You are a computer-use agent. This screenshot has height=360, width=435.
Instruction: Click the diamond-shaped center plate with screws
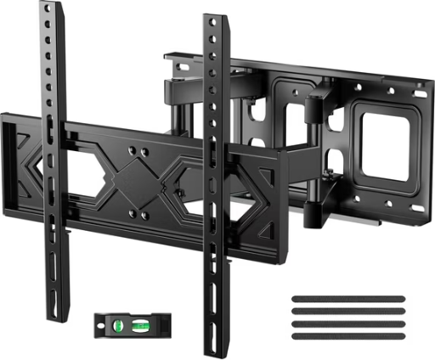[136, 177]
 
